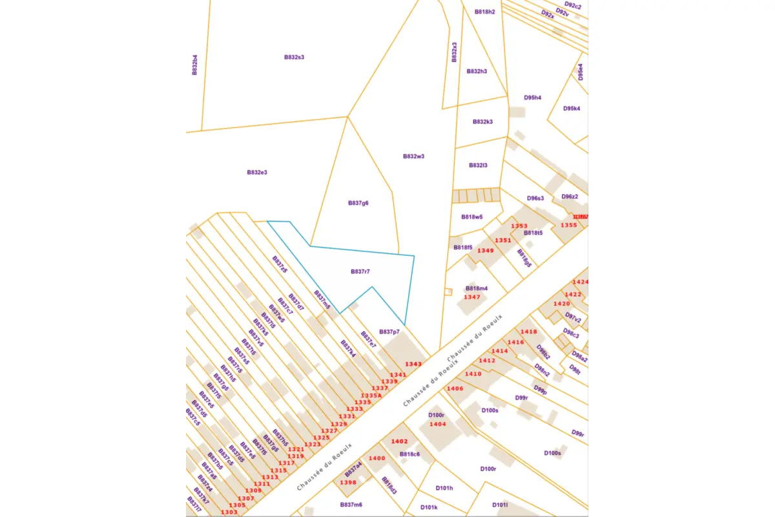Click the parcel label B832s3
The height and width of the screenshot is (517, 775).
click(294, 57)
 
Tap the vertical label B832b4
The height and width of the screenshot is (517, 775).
click(194, 65)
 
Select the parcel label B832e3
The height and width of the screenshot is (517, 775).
click(257, 173)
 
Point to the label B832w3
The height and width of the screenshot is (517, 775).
click(413, 156)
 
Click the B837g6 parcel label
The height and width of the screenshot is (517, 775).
click(358, 203)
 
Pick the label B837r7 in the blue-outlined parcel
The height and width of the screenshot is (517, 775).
click(360, 271)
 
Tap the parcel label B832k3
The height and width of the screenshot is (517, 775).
click(482, 121)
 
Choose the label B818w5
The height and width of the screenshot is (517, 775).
click(472, 217)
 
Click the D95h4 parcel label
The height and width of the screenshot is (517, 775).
click(533, 98)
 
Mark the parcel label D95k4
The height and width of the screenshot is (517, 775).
click(572, 109)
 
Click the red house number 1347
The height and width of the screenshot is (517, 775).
click(472, 297)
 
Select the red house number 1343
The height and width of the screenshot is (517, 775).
click(413, 364)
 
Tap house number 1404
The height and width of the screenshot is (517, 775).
click(438, 424)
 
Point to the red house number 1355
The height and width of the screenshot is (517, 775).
click(569, 225)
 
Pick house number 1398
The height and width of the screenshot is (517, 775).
click(348, 482)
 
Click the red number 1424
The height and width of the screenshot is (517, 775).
click(581, 282)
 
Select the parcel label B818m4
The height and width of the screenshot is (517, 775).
click(477, 288)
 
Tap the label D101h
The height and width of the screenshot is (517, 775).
click(444, 488)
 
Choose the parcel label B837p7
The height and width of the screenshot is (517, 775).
click(389, 332)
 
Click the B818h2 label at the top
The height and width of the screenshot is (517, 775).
click(484, 12)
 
